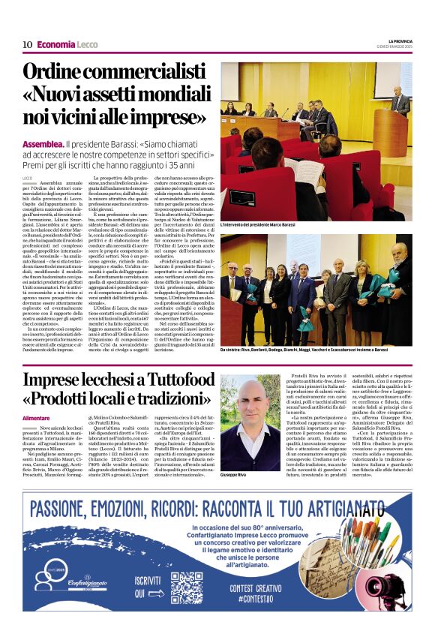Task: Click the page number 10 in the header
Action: pos(27,45)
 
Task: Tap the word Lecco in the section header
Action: pos(87,45)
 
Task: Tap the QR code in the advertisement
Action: pos(186,587)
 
